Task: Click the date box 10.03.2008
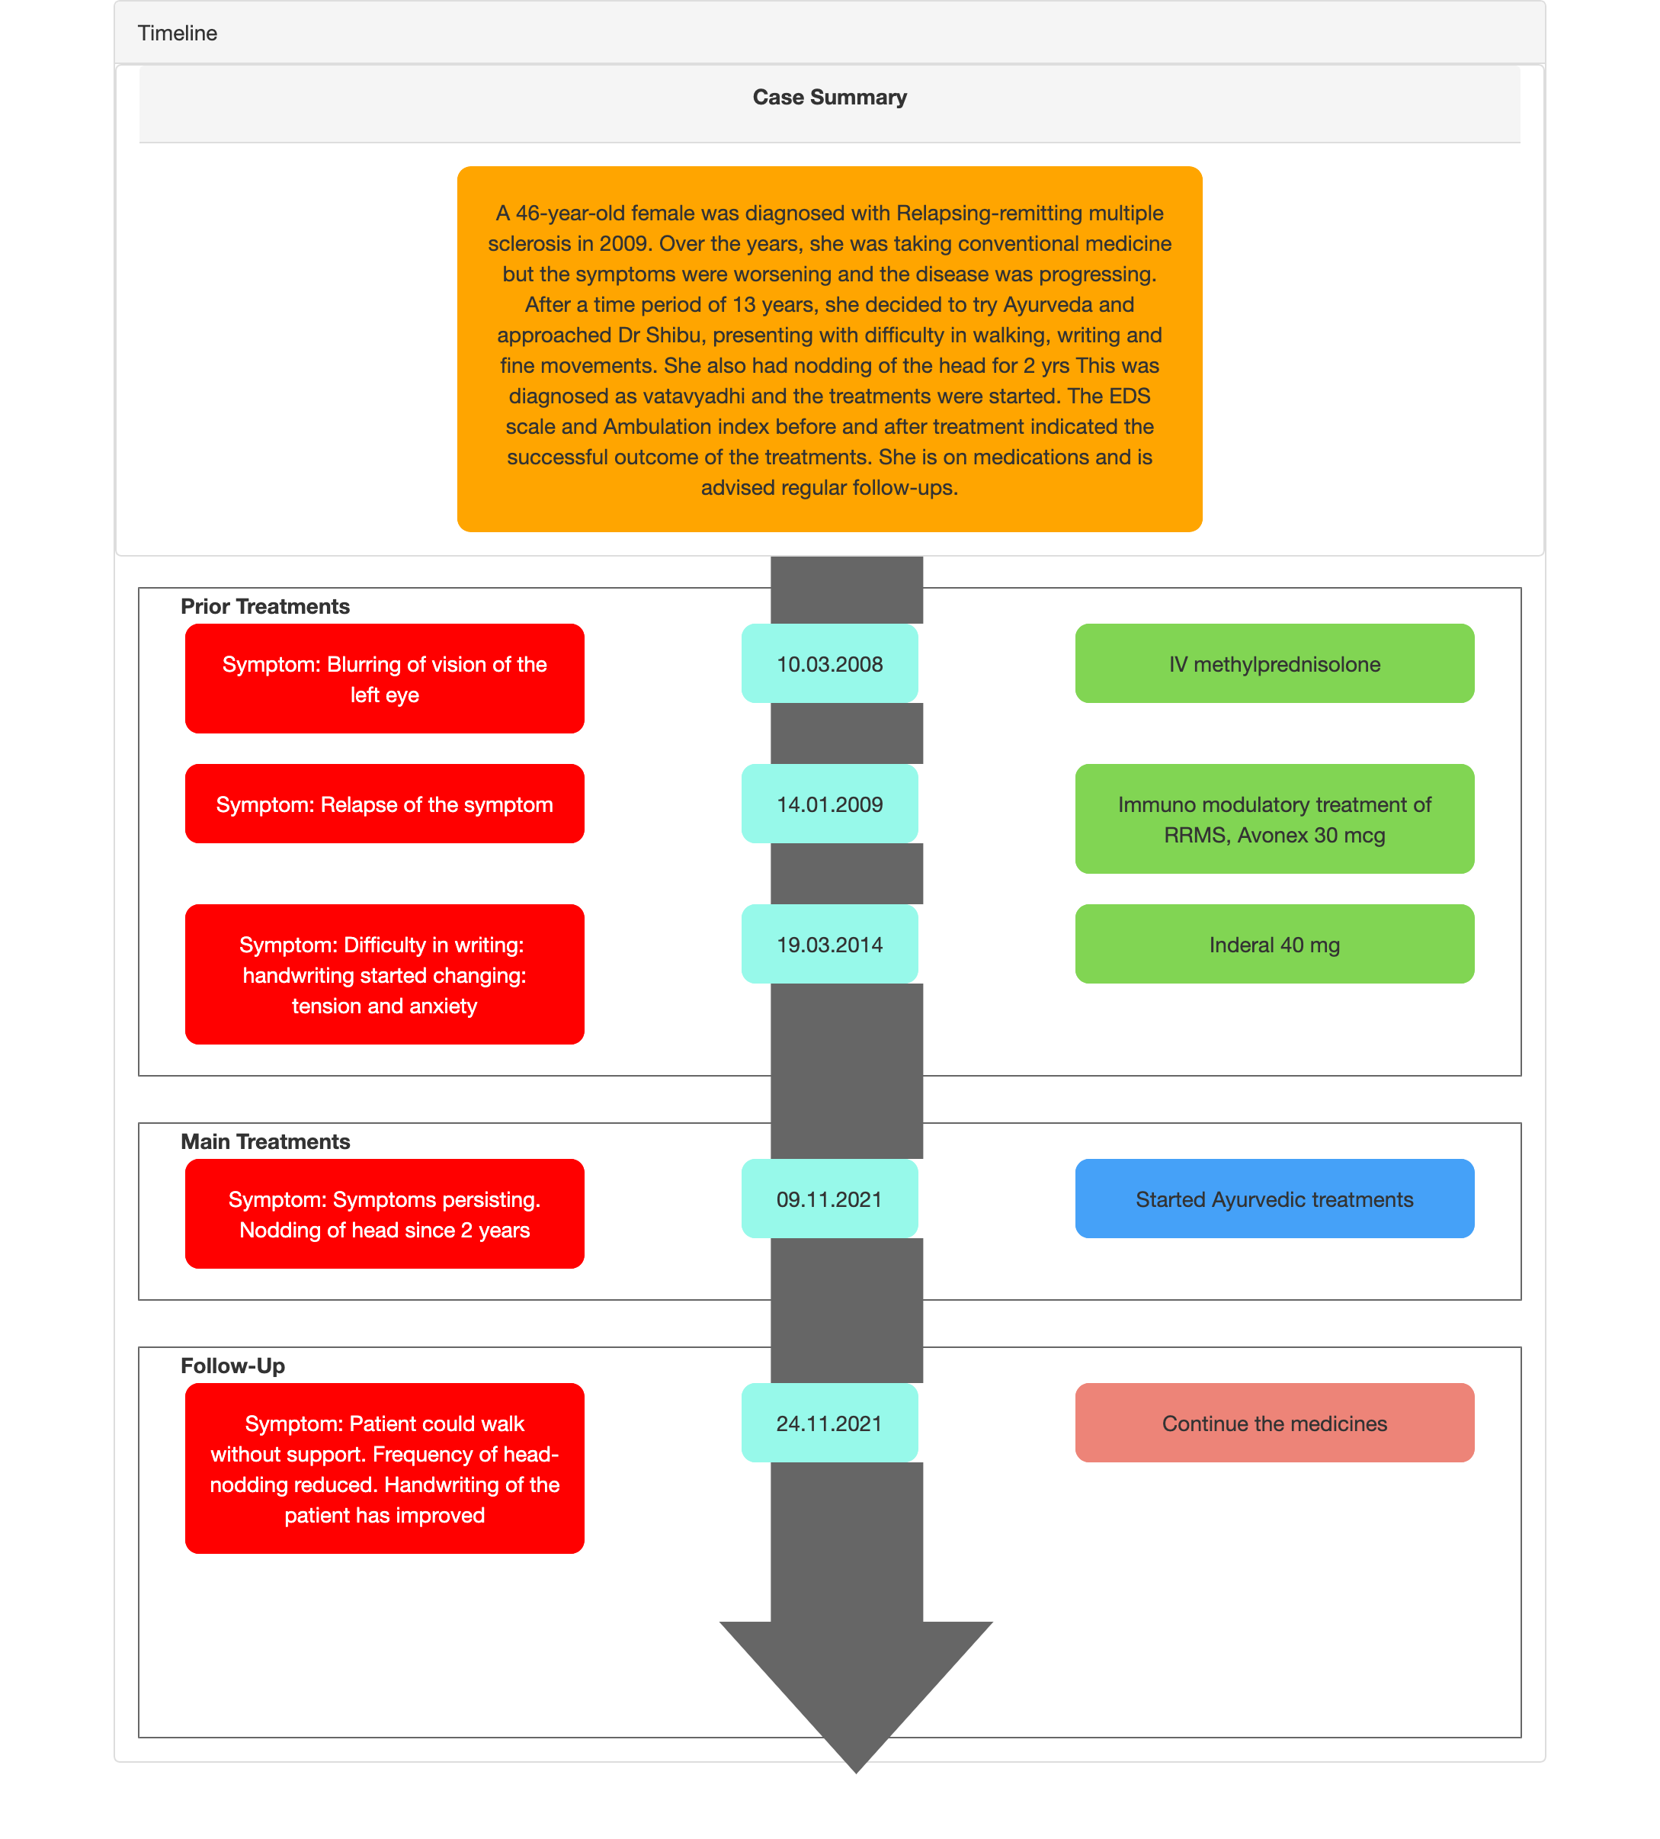pos(829,663)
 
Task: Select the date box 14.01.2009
pos(829,804)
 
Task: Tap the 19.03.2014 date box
pos(829,944)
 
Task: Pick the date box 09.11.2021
pos(829,1199)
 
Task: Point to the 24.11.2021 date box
pos(829,1423)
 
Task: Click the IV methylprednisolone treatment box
pos(1274,663)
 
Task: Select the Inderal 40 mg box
pos(1274,944)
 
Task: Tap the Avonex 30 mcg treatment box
pos(1274,819)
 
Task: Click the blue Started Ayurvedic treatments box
pos(1274,1199)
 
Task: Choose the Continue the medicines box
pos(1274,1423)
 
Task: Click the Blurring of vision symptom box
pos(384,679)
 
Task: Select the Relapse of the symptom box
pos(384,804)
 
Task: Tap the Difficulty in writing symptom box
pos(384,974)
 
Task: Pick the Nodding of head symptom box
pos(384,1214)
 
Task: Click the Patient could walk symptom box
pos(384,1468)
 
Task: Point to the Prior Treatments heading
pos(265,607)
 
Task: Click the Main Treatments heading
pos(265,1142)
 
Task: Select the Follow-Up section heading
pos(232,1366)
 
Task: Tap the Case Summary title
pos(829,98)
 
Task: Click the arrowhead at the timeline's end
pos(856,1696)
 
